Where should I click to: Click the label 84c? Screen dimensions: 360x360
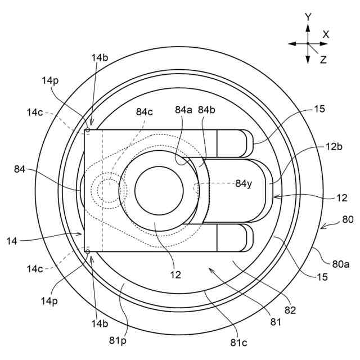click(145, 111)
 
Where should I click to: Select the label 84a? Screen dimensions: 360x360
click(183, 110)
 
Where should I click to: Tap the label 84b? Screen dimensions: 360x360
click(207, 110)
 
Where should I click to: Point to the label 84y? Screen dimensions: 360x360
click(245, 183)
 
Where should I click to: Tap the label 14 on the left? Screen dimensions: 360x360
click(13, 240)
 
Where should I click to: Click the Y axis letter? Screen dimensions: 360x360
click(308, 17)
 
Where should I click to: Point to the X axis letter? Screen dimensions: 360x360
click(326, 34)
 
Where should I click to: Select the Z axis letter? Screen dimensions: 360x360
click(323, 59)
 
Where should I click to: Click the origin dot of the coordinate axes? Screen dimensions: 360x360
click(308, 43)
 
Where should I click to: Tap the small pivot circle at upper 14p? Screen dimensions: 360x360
click(88, 130)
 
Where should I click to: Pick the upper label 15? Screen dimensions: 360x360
click(319, 110)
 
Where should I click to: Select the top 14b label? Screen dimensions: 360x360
click(98, 57)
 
